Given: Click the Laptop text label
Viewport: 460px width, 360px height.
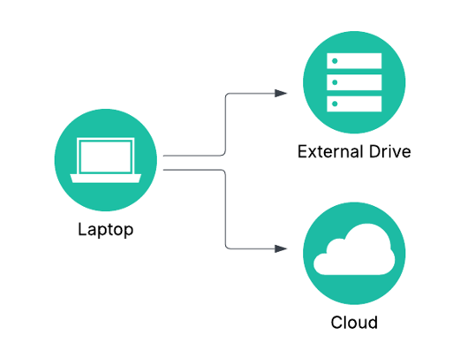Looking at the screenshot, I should (106, 230).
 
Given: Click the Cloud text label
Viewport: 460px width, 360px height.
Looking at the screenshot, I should (354, 323).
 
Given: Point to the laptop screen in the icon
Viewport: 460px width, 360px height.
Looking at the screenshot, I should (106, 157).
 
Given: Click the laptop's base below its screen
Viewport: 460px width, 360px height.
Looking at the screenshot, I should (106, 179).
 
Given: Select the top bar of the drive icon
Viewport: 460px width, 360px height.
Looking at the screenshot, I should (354, 61).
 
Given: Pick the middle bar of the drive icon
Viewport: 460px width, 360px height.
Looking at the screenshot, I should (354, 82).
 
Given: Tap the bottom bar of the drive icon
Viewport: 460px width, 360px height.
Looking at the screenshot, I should (354, 103).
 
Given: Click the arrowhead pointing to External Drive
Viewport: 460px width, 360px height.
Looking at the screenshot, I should (281, 92).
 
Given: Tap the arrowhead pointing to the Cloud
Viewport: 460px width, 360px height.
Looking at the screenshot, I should (281, 248).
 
